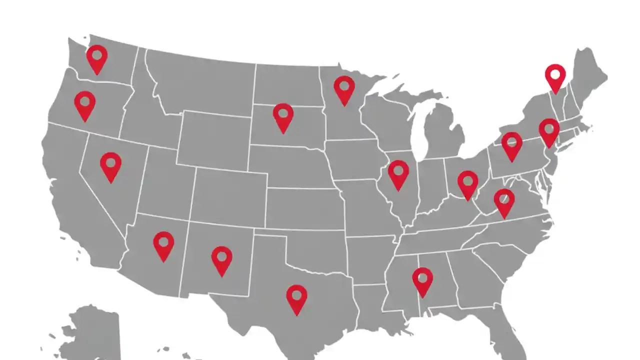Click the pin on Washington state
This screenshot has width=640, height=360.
click(97, 56)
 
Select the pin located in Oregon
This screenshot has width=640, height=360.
click(85, 103)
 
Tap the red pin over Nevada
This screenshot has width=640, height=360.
click(110, 164)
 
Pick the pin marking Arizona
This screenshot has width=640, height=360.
click(163, 243)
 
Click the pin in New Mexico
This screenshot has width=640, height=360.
click(221, 258)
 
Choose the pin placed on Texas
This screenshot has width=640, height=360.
click(296, 297)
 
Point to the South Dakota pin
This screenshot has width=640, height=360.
click(283, 115)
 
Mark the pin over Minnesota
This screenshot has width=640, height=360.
click(344, 87)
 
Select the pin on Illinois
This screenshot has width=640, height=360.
click(398, 172)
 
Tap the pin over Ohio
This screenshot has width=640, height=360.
click(467, 182)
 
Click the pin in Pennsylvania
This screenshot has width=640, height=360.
click(511, 144)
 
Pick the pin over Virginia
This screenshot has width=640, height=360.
click(504, 200)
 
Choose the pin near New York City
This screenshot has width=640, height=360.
click(549, 130)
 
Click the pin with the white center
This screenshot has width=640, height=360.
click(555, 76)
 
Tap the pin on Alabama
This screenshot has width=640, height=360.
click(422, 279)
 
